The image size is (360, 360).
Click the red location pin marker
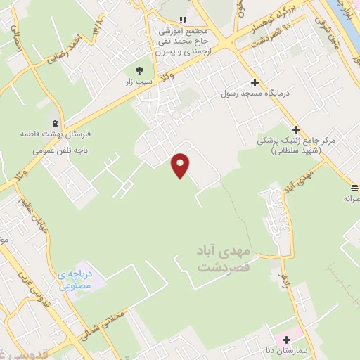(x=181, y=165)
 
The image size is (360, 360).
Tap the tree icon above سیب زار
(x=139, y=70)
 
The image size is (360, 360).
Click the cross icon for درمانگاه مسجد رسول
(x=255, y=82)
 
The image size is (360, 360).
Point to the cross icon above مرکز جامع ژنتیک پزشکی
(x=296, y=129)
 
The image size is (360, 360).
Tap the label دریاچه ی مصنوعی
(x=75, y=280)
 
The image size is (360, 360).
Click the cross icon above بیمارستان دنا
(x=286, y=340)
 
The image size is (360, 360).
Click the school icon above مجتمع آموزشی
(x=184, y=20)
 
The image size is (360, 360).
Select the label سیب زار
(x=139, y=81)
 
